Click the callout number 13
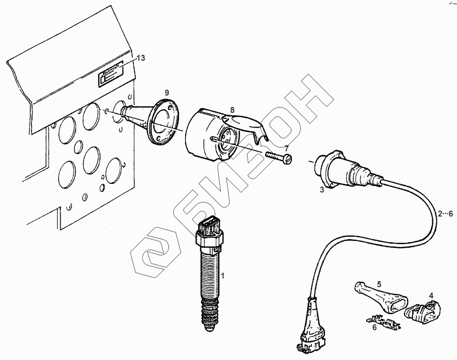click(141, 58)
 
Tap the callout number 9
click(167, 92)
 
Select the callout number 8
click(232, 110)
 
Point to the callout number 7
click(286, 148)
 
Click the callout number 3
click(322, 190)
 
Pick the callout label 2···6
click(445, 214)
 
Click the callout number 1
click(222, 275)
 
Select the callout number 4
click(431, 295)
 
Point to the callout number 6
click(374, 327)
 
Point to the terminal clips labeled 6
click(383, 321)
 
